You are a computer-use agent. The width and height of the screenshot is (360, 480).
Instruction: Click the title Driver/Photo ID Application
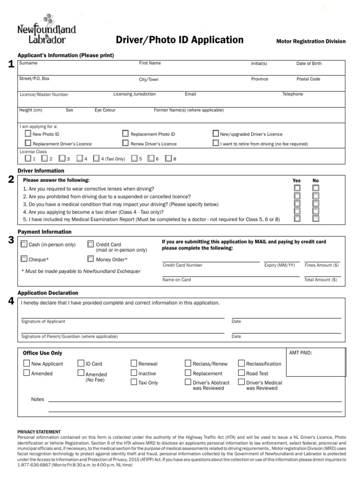coord(180,40)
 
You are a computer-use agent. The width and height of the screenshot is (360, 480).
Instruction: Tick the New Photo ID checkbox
coord(28,134)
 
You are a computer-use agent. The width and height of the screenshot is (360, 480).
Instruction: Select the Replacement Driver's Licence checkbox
coord(28,143)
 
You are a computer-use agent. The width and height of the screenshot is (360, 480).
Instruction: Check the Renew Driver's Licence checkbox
coord(126,143)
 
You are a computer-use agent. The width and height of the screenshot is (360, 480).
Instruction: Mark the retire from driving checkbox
coord(216,143)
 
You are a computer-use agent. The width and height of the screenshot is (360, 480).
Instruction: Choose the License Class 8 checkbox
coord(168,158)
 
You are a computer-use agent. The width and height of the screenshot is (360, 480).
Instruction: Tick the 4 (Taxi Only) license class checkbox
coord(97,158)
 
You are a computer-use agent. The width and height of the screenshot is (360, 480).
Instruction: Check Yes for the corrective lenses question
coord(297,188)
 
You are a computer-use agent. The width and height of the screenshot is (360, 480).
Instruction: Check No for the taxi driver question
coord(316,210)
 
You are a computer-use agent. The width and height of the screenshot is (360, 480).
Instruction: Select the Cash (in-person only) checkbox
coord(24,244)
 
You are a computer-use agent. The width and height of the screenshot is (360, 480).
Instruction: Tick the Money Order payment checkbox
coord(91,259)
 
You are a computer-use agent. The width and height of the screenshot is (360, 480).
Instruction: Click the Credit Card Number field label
coord(182,265)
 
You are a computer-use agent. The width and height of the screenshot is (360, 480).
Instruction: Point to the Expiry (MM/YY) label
coord(279,265)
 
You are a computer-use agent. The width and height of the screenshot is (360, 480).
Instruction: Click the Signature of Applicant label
coord(43,322)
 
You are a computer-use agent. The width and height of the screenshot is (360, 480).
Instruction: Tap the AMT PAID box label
coord(300,353)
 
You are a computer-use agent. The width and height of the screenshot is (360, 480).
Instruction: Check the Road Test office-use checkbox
coord(242,373)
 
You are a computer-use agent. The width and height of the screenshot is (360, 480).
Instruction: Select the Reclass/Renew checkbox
coord(188,363)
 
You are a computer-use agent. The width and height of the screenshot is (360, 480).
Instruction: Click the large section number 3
coord(11,240)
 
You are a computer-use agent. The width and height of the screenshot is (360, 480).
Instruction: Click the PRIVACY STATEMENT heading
coord(39,432)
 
